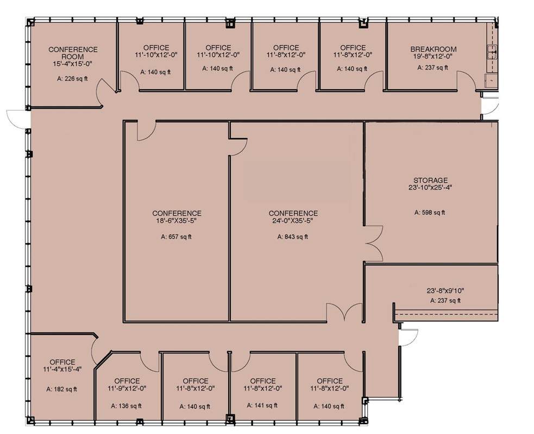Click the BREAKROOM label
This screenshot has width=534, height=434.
coord(433,49)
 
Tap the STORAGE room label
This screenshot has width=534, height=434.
coord(430,181)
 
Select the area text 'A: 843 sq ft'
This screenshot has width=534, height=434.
coord(293,237)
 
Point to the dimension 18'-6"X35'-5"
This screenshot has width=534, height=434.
coord(177,221)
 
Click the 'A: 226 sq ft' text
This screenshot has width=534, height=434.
coord(72,79)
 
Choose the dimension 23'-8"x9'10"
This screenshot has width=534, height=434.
coord(445,291)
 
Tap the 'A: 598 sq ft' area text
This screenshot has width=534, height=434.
coord(430,213)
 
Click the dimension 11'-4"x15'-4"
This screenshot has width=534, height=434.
coord(62,369)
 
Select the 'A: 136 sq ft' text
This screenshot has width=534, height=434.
coord(127,406)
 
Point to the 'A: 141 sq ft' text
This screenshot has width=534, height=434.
coord(262,405)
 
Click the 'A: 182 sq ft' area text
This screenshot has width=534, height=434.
coord(61,389)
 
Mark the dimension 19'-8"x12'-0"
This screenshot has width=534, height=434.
coord(433,57)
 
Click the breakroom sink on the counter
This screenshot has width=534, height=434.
coord(492,52)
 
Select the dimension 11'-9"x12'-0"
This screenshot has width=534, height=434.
coord(127,388)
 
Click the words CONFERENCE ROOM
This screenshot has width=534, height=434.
coord(73,53)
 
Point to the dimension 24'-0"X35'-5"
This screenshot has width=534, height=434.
coord(293,221)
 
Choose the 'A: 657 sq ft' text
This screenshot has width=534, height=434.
coord(176,237)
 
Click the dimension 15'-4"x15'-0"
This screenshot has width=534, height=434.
coord(73,64)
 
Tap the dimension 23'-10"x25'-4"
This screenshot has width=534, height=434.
coord(430,188)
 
